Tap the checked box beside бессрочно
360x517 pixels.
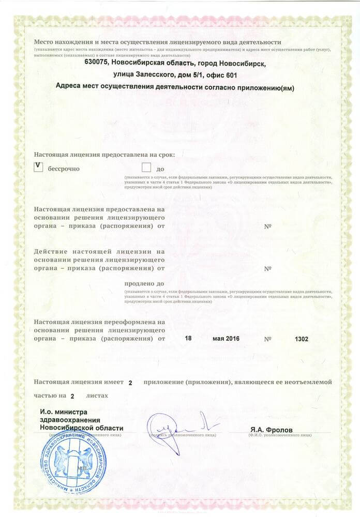pos(38,167)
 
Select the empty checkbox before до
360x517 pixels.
pos(146,168)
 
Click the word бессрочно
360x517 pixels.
pos(64,169)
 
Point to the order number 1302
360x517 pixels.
pos(301,339)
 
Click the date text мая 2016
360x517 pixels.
pos(226,339)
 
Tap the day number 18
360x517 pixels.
pos(188,339)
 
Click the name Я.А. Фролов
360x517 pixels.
pos(271,430)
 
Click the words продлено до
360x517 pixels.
pos(144,283)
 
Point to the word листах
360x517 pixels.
pos(97,396)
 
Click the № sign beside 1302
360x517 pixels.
pos(268,339)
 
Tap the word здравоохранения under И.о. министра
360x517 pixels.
pos(70,420)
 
